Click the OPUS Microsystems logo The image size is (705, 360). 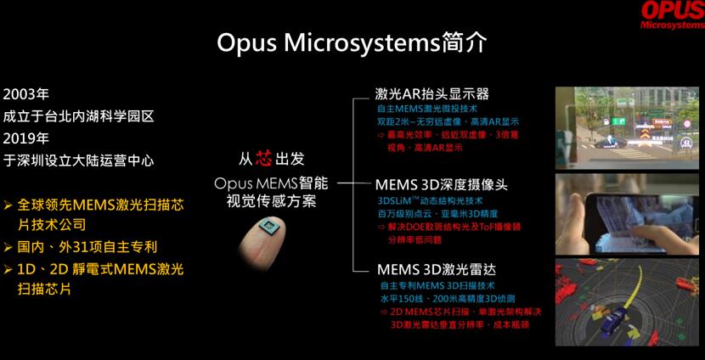(672, 14)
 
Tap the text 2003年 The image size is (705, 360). (26, 93)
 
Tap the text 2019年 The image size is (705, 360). (26, 138)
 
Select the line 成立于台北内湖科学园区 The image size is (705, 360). (79, 115)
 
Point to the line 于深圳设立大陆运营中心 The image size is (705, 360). (79, 160)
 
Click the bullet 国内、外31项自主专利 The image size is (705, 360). (86, 247)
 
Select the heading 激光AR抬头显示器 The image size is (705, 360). (431, 93)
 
